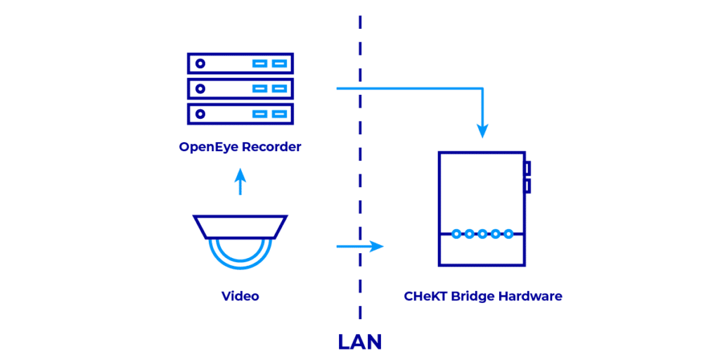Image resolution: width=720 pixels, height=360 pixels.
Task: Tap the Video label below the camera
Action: coord(240,296)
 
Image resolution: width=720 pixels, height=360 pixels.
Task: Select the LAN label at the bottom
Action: coord(359,342)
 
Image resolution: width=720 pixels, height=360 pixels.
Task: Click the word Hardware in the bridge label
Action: coord(530,296)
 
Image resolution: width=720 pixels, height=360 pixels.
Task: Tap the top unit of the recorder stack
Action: coord(240,63)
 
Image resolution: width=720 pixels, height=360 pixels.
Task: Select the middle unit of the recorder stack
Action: coord(240,89)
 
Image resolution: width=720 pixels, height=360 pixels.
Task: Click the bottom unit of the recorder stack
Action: coord(240,113)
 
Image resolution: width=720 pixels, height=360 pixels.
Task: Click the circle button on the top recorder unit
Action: coord(200,63)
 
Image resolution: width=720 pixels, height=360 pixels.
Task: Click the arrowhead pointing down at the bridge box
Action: coord(482,130)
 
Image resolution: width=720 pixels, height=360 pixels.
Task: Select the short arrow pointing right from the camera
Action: coord(359,246)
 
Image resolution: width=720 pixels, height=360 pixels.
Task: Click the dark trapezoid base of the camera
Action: coord(240,226)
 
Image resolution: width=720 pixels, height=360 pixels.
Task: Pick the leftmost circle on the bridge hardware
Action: coord(456,233)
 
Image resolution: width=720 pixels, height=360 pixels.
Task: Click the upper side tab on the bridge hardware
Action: coord(527,169)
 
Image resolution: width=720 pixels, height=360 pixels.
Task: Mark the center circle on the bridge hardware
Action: coord(482,233)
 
